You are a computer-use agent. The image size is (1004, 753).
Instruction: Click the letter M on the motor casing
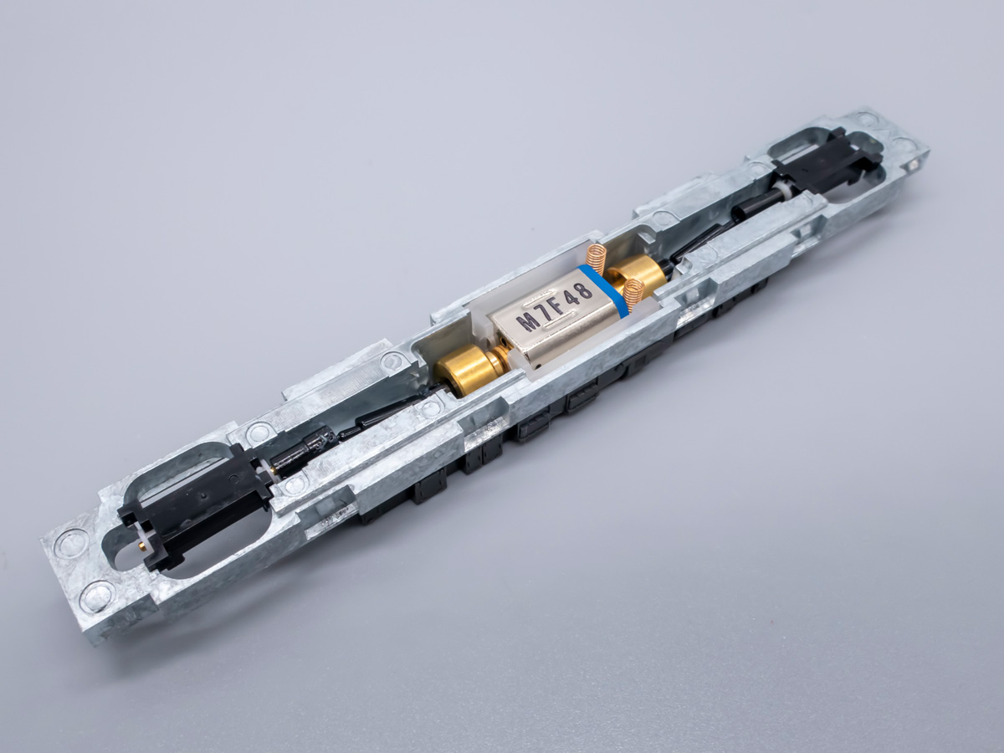click(x=528, y=321)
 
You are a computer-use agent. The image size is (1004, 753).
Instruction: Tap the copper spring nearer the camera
click(x=633, y=290)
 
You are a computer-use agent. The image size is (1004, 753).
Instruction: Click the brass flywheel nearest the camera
click(x=463, y=371)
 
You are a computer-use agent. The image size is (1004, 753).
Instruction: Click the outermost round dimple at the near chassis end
click(x=97, y=596)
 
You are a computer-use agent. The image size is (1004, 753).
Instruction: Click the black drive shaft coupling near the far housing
click(x=749, y=206)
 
